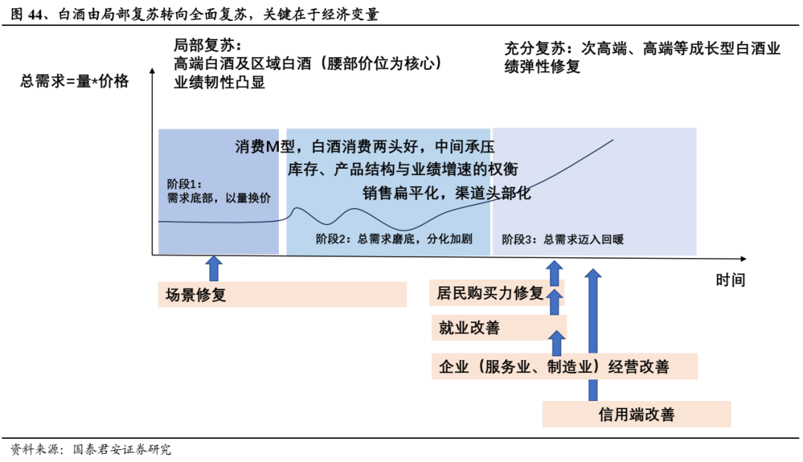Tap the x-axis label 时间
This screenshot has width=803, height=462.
click(x=730, y=280)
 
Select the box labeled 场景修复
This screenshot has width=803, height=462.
click(x=283, y=295)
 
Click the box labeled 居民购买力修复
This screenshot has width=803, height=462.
click(x=497, y=293)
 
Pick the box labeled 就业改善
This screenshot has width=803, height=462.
click(x=499, y=328)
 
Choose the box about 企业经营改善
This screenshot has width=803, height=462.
click(x=564, y=367)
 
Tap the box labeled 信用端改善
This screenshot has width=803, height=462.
click(x=636, y=414)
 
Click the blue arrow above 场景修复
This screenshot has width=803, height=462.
click(x=214, y=268)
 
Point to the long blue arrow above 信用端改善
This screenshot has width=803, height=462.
click(x=593, y=335)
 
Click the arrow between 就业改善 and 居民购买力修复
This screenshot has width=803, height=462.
click(x=555, y=302)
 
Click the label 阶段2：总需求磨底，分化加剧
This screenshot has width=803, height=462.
click(x=394, y=240)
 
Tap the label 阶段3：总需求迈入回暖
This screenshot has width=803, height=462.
click(x=563, y=240)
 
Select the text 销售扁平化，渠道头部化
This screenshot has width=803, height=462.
click(x=447, y=193)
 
